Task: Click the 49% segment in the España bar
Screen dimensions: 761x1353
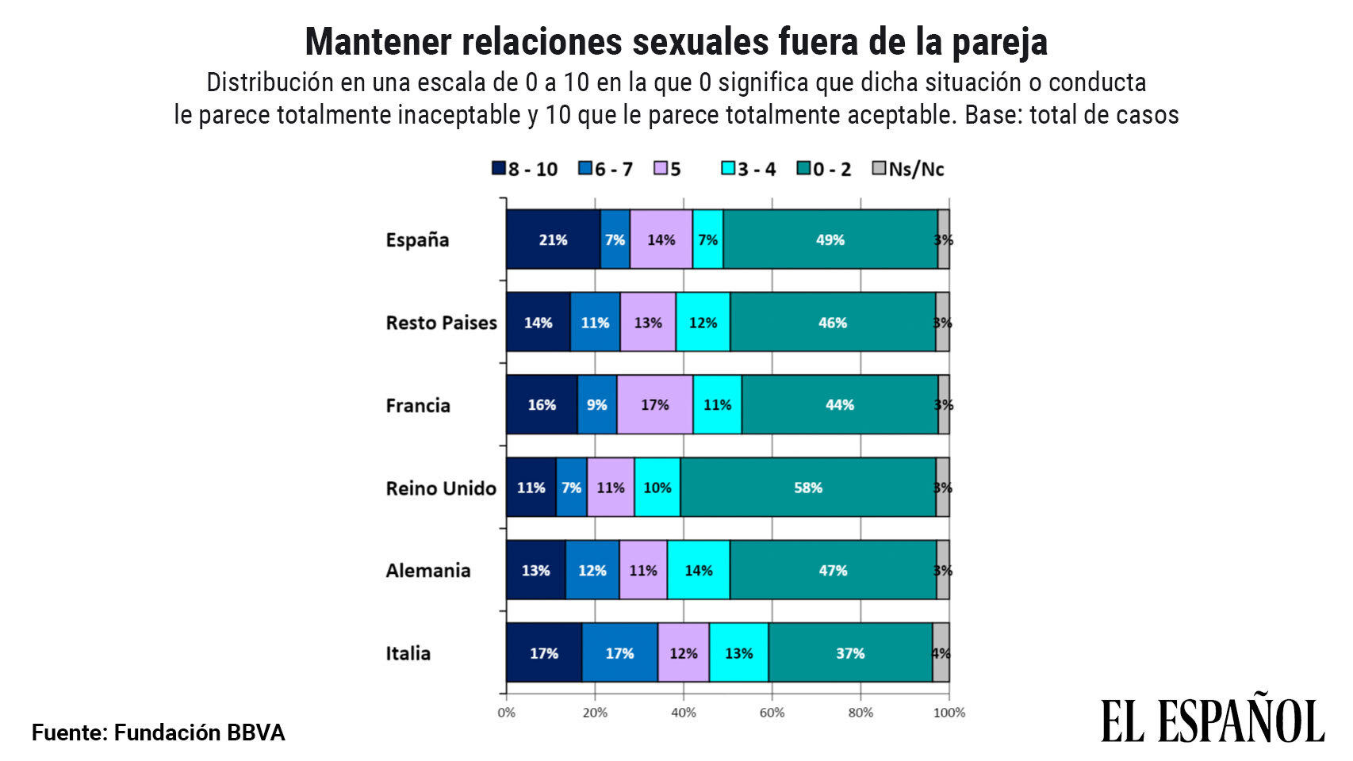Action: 830,239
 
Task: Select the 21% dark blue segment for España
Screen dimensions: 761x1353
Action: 553,239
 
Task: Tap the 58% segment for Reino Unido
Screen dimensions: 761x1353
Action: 807,488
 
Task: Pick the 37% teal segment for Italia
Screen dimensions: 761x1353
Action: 849,653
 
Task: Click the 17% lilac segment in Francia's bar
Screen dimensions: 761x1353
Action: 654,405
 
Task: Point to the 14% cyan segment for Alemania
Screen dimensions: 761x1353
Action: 698,571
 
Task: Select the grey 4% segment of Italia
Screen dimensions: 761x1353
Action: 941,653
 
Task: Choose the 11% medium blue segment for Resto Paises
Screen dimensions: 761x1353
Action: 595,323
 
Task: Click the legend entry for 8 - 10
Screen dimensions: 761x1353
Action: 524,169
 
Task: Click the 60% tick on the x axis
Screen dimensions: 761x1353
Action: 772,713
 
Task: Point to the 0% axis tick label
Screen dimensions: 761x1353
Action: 506,713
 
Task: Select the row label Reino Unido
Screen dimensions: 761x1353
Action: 440,488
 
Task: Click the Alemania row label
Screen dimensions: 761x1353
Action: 427,571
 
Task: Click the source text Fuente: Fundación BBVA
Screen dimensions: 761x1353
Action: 158,732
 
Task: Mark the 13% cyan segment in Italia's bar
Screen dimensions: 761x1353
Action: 738,653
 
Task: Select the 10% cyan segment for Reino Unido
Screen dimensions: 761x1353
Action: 657,488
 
